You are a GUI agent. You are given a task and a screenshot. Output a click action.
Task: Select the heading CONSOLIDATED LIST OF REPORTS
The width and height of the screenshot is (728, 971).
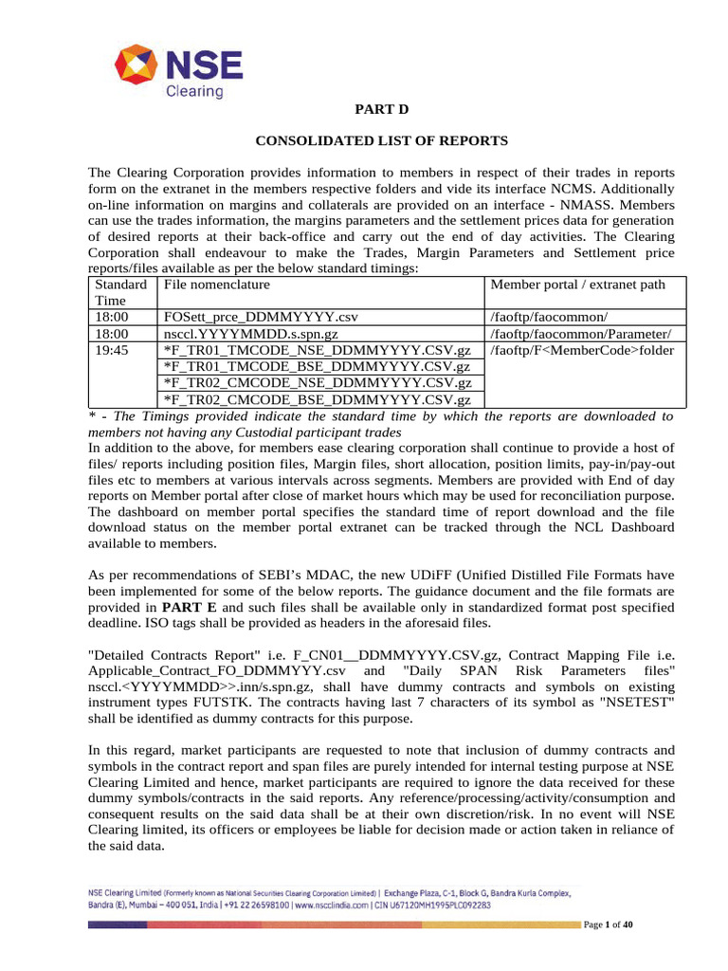382,140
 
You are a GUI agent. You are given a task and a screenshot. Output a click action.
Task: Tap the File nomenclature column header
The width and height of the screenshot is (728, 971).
217,284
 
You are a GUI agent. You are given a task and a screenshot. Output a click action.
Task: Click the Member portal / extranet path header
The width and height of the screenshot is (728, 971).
577,284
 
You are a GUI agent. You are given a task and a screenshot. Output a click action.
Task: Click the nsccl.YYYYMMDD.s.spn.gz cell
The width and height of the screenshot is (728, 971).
251,334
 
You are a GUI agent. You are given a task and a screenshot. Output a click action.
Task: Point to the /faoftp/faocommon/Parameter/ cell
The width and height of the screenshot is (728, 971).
580,334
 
